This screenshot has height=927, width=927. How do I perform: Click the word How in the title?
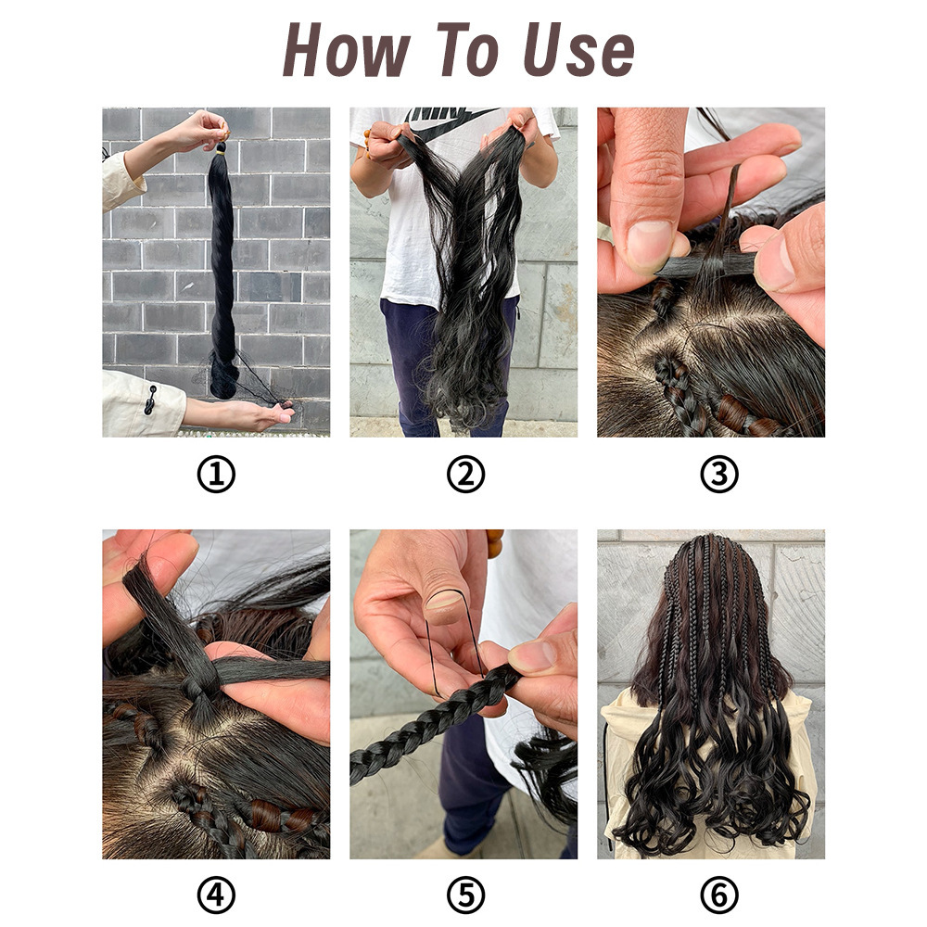point(347,50)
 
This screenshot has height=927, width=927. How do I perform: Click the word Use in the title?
point(578,50)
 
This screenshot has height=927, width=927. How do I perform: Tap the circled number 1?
point(216,475)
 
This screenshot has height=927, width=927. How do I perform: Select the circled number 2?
point(465,475)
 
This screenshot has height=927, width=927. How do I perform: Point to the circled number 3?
point(719,475)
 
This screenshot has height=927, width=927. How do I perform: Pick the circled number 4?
point(216,895)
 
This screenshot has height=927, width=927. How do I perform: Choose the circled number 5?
point(465,895)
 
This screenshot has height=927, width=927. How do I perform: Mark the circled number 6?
point(719,895)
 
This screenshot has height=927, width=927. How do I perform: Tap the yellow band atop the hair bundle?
point(221,152)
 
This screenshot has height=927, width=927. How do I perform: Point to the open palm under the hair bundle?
point(248,413)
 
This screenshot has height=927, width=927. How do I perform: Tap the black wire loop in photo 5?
point(456,644)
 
